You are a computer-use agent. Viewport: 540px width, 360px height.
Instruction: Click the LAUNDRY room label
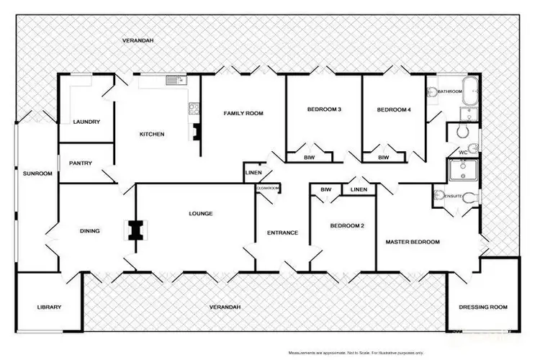[86, 122]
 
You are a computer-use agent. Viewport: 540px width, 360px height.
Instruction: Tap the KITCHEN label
[152, 135]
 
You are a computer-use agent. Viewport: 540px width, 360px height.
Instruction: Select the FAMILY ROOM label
[243, 113]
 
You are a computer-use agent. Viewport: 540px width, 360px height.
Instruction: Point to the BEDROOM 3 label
[323, 109]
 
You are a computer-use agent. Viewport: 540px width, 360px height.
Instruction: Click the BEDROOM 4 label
[394, 109]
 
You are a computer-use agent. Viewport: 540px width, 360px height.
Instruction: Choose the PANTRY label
[81, 163]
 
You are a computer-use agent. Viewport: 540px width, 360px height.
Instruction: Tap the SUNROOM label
[35, 174]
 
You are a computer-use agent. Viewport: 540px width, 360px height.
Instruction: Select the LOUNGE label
[200, 214]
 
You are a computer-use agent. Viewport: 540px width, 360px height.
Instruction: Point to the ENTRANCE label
[282, 233]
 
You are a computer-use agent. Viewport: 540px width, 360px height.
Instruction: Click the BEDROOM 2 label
[347, 226]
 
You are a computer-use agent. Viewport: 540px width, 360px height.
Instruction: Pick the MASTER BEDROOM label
[413, 242]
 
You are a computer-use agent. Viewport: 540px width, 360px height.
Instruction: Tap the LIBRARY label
[49, 307]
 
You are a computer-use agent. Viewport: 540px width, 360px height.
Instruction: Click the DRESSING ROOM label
[483, 307]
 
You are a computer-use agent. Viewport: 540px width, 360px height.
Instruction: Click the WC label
[463, 153]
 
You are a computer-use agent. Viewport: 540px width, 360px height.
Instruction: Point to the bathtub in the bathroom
[471, 92]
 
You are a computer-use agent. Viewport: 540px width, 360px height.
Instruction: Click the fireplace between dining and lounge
[134, 230]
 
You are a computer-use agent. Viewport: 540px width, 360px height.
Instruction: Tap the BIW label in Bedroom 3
[310, 156]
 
